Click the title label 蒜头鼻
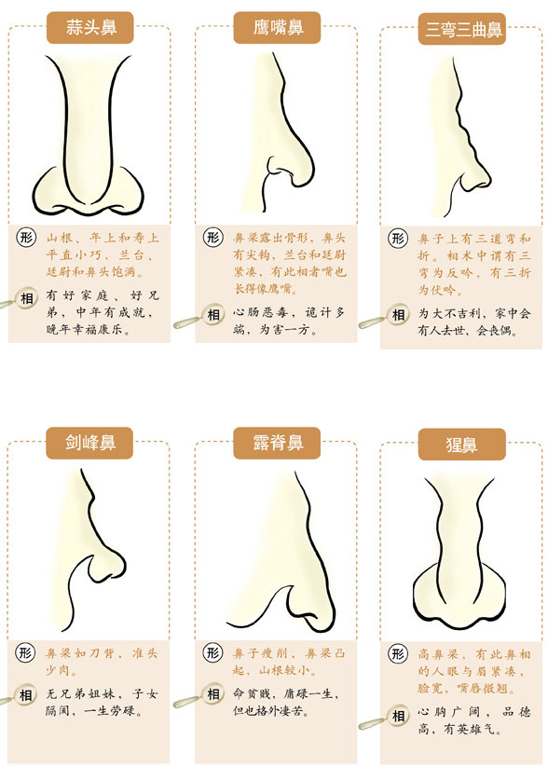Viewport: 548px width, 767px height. coord(89,27)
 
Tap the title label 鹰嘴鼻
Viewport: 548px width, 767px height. coord(277,27)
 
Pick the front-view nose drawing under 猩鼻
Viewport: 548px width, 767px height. coord(462,559)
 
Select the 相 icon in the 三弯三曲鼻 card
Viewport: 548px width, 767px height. coord(400,314)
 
